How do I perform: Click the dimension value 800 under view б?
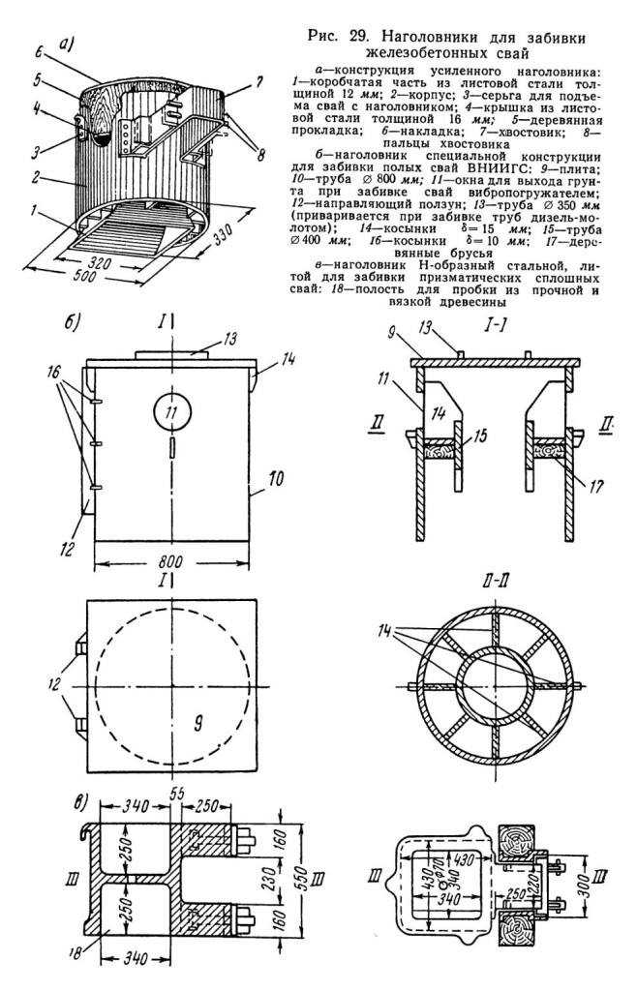click(x=170, y=561)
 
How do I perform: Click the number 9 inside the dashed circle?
click(x=197, y=726)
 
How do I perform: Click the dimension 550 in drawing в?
click(x=304, y=876)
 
